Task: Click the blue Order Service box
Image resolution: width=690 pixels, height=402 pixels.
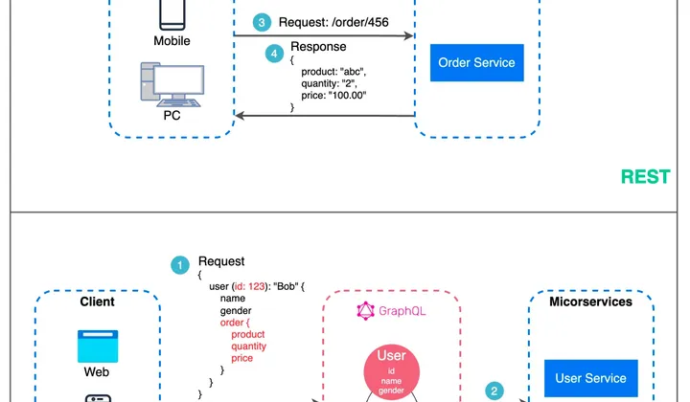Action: click(x=476, y=63)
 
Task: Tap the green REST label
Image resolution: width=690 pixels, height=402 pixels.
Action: click(x=645, y=177)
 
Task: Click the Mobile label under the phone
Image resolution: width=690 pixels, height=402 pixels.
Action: click(x=172, y=41)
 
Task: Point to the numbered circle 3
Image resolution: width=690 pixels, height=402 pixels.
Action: click(x=261, y=22)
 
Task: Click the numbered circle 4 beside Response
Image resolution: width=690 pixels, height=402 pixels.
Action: click(x=274, y=54)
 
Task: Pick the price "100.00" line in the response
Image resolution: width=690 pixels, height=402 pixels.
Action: click(x=333, y=95)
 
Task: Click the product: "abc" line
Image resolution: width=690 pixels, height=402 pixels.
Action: click(x=333, y=71)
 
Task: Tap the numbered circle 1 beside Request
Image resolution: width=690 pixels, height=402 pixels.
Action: click(x=179, y=267)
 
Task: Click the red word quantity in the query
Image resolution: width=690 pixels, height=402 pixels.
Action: click(x=250, y=346)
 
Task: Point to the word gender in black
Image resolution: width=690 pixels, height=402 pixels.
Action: click(x=236, y=310)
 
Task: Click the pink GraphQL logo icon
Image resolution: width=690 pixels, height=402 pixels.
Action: click(x=364, y=310)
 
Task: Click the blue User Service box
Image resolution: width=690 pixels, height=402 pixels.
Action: click(x=591, y=378)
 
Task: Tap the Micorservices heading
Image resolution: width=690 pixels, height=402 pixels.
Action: click(x=590, y=301)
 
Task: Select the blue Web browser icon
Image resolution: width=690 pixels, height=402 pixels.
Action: click(x=96, y=345)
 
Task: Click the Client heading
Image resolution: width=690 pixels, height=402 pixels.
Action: click(x=97, y=301)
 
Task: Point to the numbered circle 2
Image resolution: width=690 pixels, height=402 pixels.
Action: click(x=494, y=391)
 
